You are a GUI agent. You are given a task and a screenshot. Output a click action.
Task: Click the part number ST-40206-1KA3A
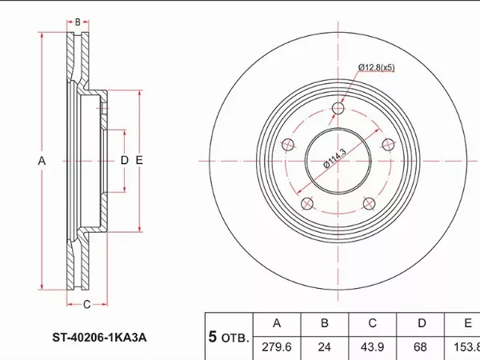[99, 338]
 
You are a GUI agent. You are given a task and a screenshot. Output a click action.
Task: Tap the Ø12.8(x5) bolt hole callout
[377, 67]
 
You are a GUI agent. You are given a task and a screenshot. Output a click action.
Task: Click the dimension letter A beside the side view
[42, 161]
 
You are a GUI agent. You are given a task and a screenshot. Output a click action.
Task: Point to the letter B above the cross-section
[78, 22]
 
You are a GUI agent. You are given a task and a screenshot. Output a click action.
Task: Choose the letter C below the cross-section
[87, 304]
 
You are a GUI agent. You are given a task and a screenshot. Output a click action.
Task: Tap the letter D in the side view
[124, 160]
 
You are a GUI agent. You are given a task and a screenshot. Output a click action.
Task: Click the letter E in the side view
[139, 160]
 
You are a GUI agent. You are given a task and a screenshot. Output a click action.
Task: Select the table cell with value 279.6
[277, 347]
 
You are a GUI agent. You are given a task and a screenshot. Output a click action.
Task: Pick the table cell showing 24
[325, 347]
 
